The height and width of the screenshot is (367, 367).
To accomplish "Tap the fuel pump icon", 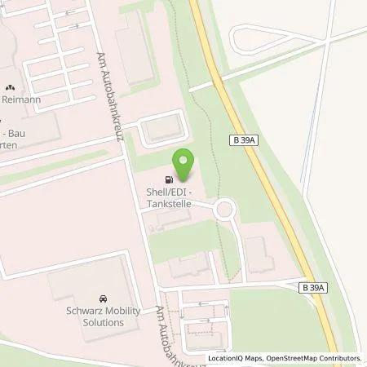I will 169,180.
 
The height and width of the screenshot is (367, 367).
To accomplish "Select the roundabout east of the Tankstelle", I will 224,210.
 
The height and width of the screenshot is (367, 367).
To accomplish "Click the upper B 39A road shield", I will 243,141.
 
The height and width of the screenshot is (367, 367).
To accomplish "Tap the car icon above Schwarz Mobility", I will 103,299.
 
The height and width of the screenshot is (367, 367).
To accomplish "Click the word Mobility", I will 108,311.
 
